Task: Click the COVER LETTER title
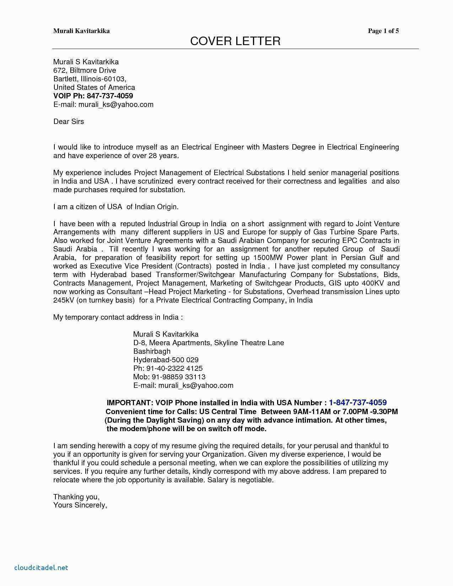click(x=235, y=41)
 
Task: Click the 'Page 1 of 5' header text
click(x=383, y=31)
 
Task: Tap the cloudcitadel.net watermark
click(x=41, y=568)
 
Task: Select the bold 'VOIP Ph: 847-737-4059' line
click(x=93, y=96)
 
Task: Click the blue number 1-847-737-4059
click(x=357, y=403)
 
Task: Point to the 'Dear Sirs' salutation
click(x=69, y=121)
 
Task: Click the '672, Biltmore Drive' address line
click(x=85, y=70)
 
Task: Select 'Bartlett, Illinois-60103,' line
click(x=90, y=79)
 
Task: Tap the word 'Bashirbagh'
click(x=152, y=351)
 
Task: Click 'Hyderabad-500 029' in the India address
click(x=166, y=360)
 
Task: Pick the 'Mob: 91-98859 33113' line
click(x=169, y=377)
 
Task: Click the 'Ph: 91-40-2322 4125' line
click(x=168, y=368)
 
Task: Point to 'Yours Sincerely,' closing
click(x=80, y=505)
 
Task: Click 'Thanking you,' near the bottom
click(x=76, y=497)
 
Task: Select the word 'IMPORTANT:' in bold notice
click(x=129, y=403)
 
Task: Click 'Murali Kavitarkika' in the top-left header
click(x=81, y=31)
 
